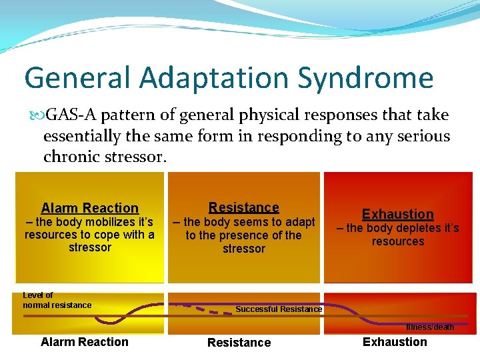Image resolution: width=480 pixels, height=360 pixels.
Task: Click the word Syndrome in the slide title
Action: coord(366,79)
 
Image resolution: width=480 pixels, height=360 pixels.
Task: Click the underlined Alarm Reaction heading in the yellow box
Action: coord(90,208)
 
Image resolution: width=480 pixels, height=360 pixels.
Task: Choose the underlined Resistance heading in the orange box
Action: coord(244,207)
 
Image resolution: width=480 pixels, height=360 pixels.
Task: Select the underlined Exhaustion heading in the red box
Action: coord(398,214)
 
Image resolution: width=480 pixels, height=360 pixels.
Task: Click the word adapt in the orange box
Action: coord(299,222)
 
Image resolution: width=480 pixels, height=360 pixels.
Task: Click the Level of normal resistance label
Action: coord(57,301)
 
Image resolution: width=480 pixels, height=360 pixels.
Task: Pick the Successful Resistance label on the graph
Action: coord(279,309)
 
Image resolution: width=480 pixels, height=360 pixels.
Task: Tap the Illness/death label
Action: coord(430,327)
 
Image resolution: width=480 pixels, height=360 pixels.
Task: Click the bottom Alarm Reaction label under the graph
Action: coord(85,342)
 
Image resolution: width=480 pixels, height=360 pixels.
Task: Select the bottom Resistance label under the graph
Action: coord(239,343)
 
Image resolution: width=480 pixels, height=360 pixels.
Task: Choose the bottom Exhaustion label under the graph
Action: coord(395,342)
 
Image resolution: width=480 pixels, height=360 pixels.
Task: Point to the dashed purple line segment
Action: coord(212,310)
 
